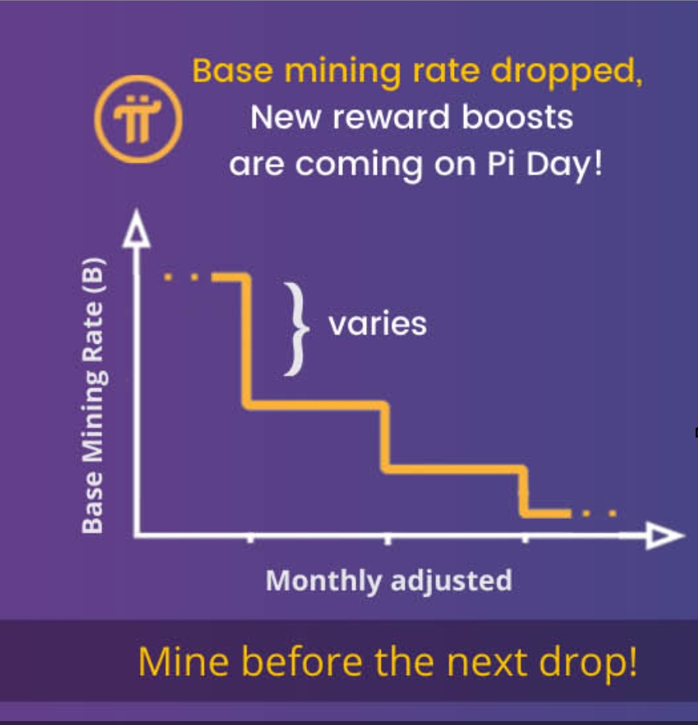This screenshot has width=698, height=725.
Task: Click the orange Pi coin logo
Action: pos(138,119)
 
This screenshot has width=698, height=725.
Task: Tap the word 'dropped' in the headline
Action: pos(567,72)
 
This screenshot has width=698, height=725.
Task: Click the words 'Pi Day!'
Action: pos(545,165)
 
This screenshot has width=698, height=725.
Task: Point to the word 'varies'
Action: pos(378,324)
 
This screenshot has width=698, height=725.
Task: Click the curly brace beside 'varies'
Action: pos(297,329)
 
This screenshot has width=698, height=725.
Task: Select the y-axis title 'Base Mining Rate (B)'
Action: pos(94,395)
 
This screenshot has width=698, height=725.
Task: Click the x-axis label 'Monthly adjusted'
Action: pos(389,581)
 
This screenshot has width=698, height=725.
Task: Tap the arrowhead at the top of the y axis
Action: pos(136,229)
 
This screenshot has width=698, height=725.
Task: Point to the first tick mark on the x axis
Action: pos(250,538)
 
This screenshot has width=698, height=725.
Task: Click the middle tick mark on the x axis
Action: pos(388,539)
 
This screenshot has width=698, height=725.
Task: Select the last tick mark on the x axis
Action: pos(525,538)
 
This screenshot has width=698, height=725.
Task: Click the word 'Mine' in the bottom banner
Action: pos(183,662)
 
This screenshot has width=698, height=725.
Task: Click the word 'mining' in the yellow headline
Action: pos(342,72)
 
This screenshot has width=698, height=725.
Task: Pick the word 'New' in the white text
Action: pos(285,117)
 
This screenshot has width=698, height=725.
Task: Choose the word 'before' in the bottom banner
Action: pos(302,662)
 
